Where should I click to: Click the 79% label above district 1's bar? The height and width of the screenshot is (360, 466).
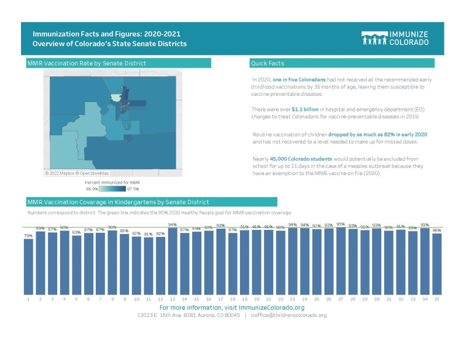click(28, 236)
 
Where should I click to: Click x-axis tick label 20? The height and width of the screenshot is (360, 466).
click(256, 299)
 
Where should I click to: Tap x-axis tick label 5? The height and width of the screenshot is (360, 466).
click(76, 299)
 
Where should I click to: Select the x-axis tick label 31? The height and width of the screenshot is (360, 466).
click(388, 299)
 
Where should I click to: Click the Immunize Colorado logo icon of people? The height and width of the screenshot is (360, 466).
click(374, 39)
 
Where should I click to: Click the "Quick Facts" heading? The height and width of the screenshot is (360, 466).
click(267, 63)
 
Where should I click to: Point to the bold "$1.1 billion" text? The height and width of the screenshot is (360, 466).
click(304, 109)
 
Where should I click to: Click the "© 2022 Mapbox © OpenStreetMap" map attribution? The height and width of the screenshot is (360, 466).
click(77, 173)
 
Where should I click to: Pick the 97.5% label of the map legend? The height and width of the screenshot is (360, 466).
click(133, 189)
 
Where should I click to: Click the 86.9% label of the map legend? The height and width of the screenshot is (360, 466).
click(92, 189)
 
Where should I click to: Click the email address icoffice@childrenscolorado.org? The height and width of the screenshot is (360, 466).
click(289, 315)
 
